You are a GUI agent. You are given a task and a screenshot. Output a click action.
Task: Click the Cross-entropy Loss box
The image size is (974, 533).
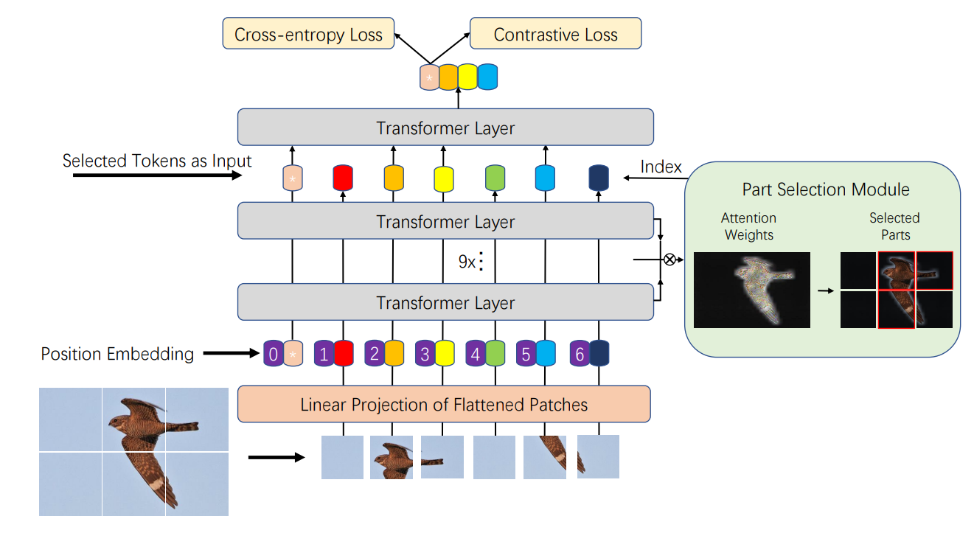click(x=308, y=34)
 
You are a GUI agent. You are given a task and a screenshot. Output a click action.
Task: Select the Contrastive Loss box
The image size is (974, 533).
click(x=555, y=34)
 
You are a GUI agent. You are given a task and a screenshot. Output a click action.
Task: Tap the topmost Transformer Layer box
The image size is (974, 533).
click(x=445, y=128)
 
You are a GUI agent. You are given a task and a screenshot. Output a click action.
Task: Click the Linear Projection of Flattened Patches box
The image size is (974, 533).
click(x=444, y=404)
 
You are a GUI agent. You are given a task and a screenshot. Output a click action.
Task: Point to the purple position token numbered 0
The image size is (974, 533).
click(x=273, y=354)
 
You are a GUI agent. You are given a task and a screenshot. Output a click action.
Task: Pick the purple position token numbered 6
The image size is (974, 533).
click(x=580, y=354)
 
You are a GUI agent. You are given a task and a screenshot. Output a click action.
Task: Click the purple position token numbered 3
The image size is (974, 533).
click(x=425, y=354)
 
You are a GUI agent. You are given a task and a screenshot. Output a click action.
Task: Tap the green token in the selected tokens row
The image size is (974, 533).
click(x=495, y=178)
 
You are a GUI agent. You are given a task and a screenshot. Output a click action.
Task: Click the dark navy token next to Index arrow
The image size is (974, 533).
click(x=598, y=178)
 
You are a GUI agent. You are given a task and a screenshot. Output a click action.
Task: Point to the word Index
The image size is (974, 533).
click(x=661, y=167)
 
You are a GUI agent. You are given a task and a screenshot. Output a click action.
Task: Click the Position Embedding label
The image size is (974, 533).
click(x=117, y=354)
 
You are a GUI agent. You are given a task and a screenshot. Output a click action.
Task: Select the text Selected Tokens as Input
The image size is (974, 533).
click(x=157, y=161)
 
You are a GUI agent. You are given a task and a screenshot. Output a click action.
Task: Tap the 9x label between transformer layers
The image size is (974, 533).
click(x=467, y=262)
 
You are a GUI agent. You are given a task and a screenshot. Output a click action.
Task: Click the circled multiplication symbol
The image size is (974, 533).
click(x=669, y=259)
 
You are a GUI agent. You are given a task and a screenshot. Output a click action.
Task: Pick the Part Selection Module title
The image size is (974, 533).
click(x=826, y=189)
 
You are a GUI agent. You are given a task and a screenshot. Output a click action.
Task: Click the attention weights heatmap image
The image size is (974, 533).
click(x=752, y=290)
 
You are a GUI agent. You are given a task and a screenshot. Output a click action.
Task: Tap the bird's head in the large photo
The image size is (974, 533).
click(x=119, y=424)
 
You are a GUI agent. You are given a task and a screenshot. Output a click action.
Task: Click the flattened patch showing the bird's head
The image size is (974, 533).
click(x=391, y=457)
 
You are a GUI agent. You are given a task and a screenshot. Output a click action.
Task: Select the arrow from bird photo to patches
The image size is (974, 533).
click(x=276, y=458)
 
